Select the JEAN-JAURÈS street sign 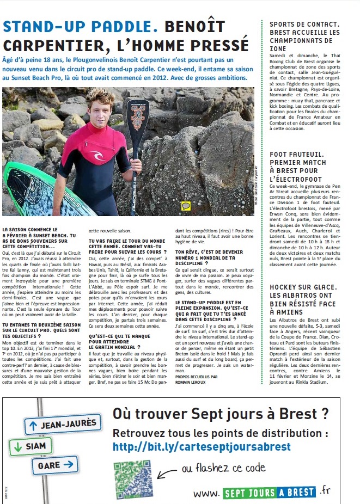62,423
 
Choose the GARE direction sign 55,465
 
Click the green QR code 132,478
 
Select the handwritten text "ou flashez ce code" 223,468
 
